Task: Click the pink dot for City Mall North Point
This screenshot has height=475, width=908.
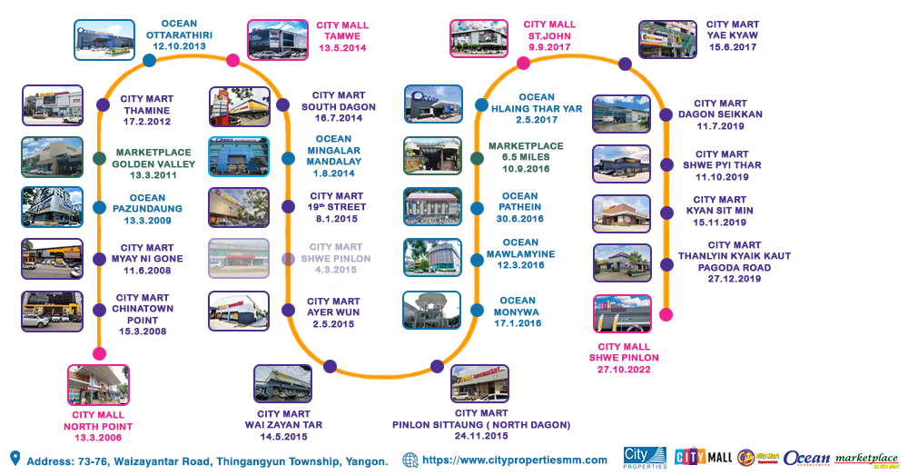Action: [100, 353]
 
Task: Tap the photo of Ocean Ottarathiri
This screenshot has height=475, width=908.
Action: [104, 40]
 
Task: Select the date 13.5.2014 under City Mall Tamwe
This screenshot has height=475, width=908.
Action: [342, 48]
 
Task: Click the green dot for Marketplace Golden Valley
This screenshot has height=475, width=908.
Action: [99, 158]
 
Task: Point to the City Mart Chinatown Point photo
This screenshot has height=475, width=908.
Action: [52, 312]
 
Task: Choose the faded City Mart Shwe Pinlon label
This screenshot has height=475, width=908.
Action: [336, 258]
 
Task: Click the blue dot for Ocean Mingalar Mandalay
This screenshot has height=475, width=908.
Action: [288, 158]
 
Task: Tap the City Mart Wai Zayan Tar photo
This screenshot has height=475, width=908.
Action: [282, 383]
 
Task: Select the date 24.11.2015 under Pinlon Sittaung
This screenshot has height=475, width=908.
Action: [481, 436]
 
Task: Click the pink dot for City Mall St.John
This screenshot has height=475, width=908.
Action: [523, 64]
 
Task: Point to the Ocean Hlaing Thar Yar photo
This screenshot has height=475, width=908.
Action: [433, 104]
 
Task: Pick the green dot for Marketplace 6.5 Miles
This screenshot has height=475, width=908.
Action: [478, 158]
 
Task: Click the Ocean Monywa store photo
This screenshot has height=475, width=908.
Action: [432, 310]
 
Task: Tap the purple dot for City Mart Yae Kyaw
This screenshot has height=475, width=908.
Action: [625, 64]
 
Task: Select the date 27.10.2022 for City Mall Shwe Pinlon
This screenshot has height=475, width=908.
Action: [624, 369]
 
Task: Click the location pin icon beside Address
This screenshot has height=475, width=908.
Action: [15, 459]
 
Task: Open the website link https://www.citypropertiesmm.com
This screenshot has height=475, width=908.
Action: [515, 460]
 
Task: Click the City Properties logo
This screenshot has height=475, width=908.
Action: [645, 458]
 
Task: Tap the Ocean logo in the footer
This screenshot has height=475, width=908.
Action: [806, 459]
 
